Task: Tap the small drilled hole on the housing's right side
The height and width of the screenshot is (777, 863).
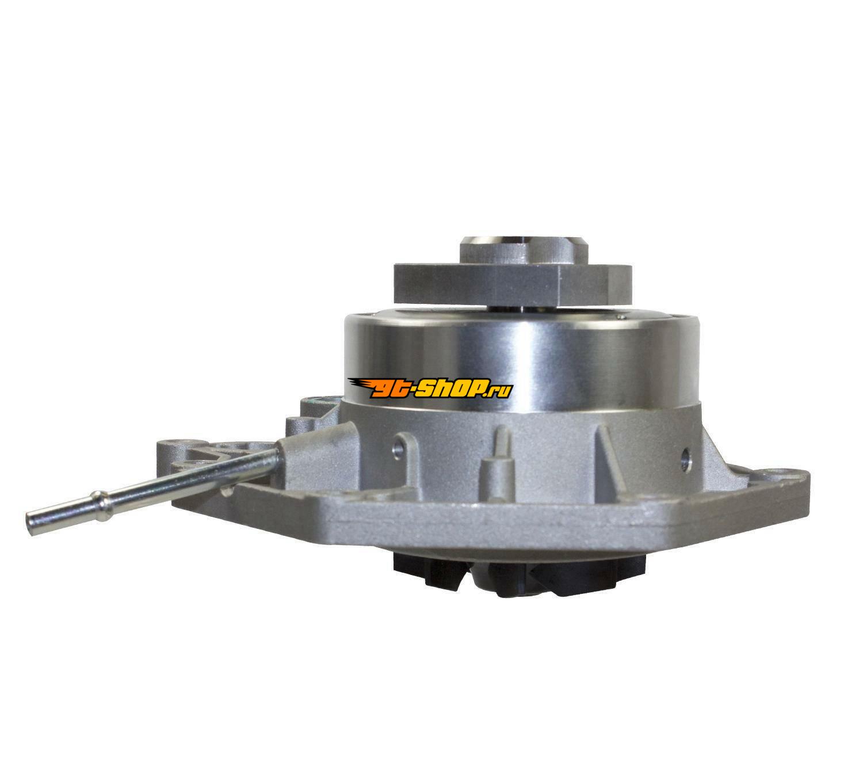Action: click(684, 454)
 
